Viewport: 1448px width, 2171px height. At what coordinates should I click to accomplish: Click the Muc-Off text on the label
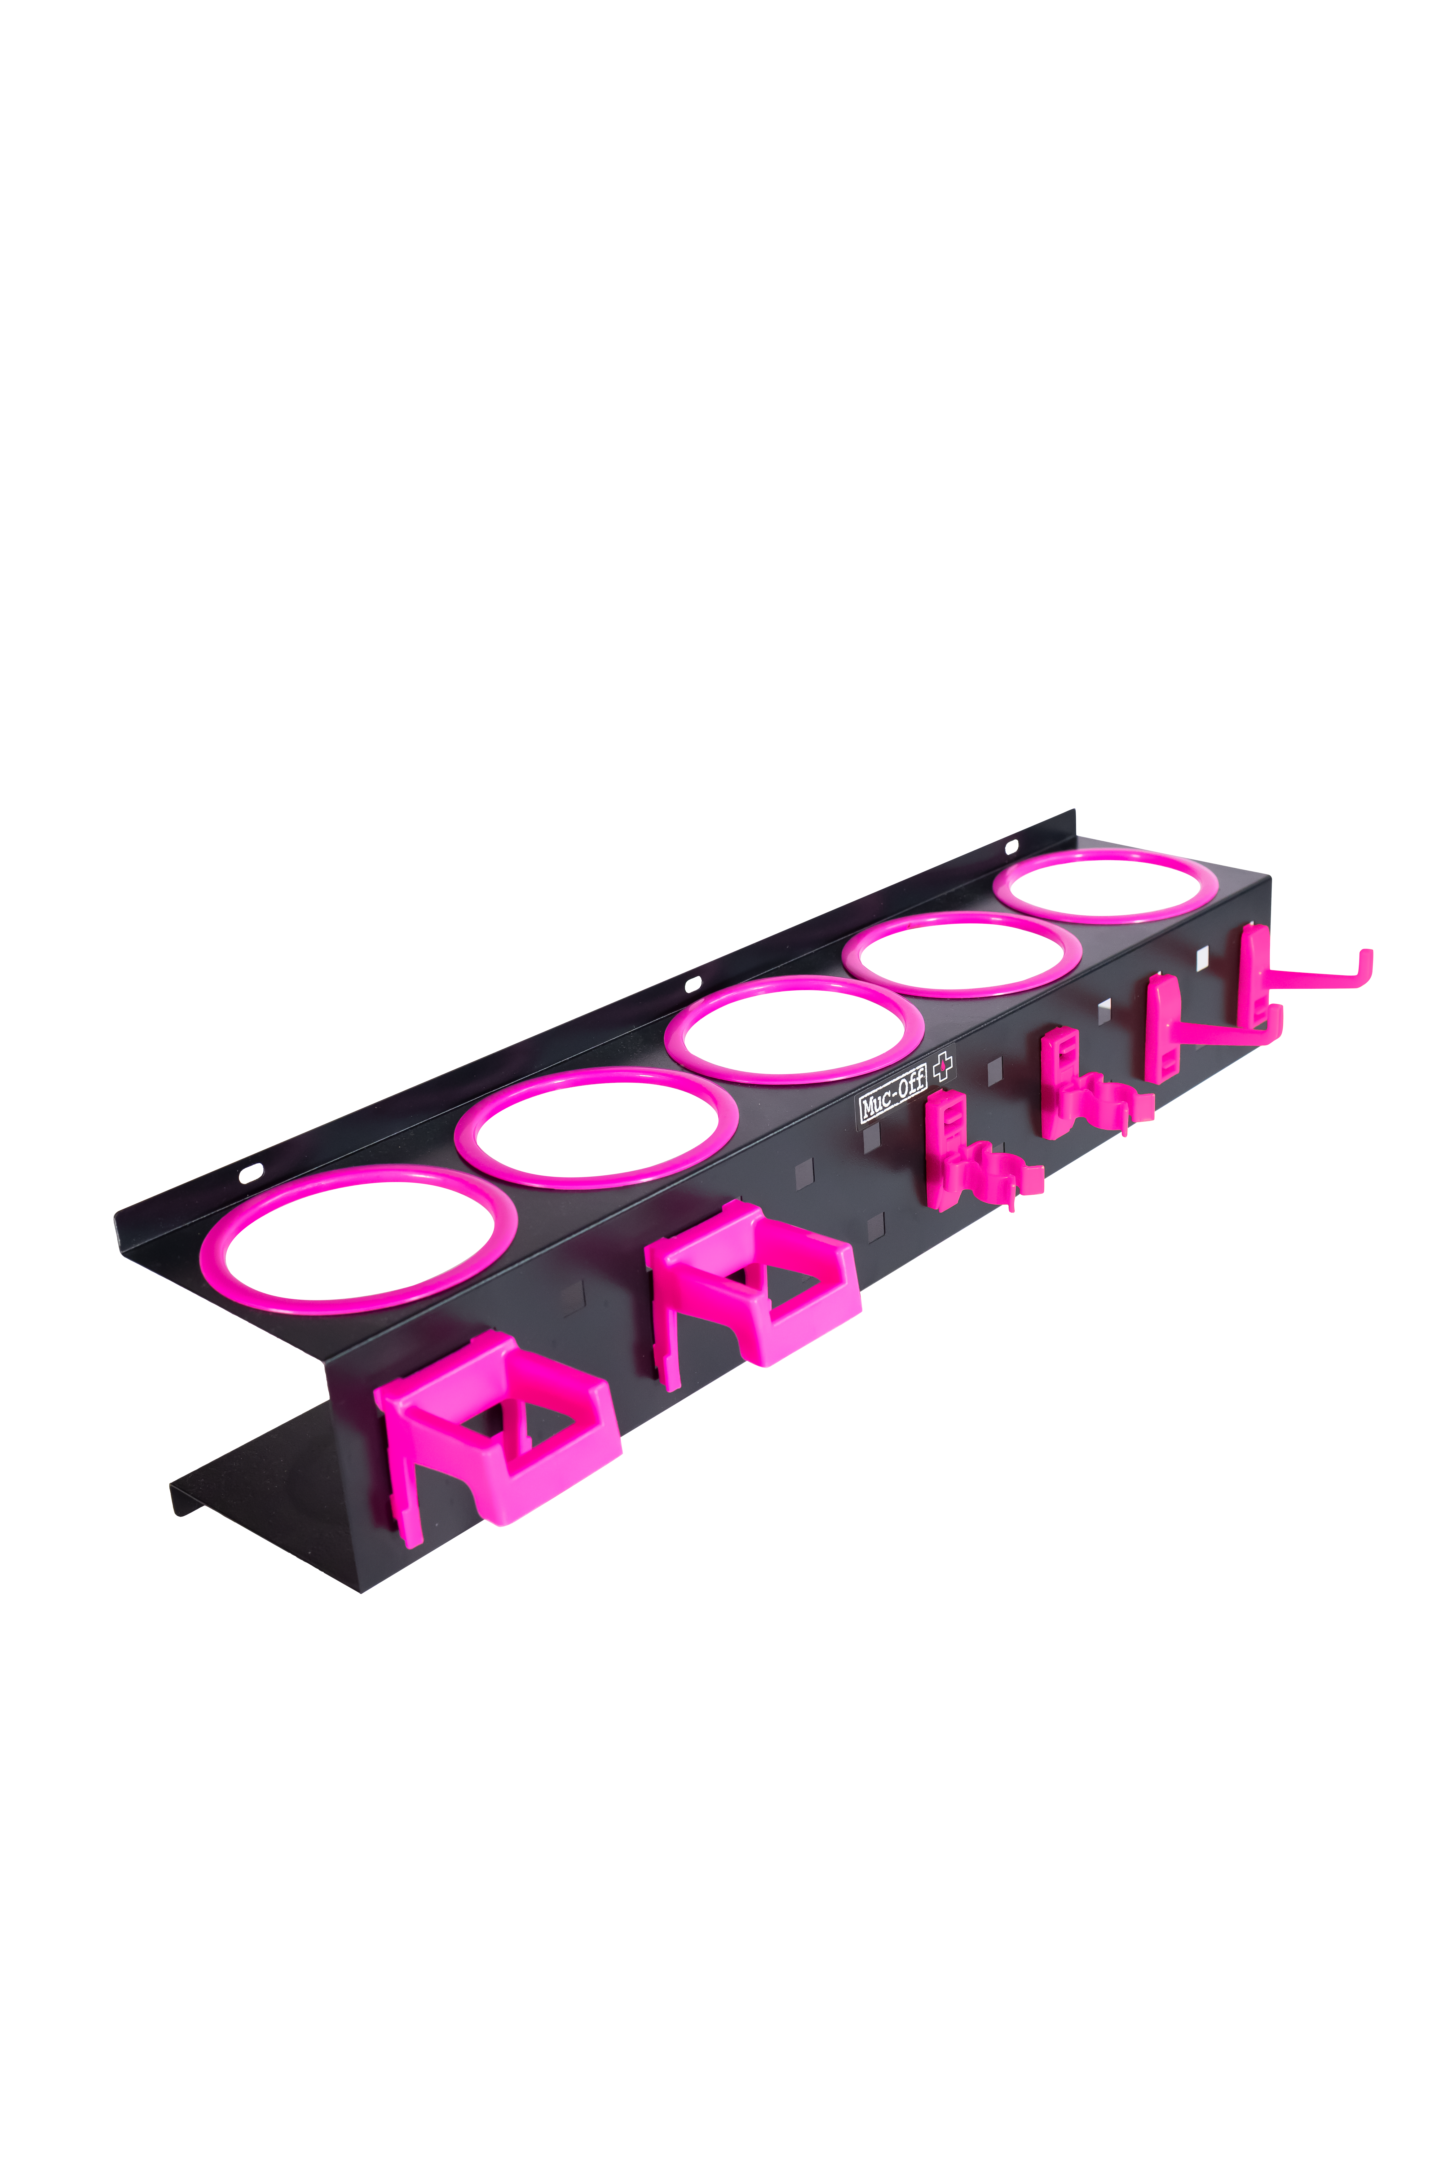click(x=892, y=1104)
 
